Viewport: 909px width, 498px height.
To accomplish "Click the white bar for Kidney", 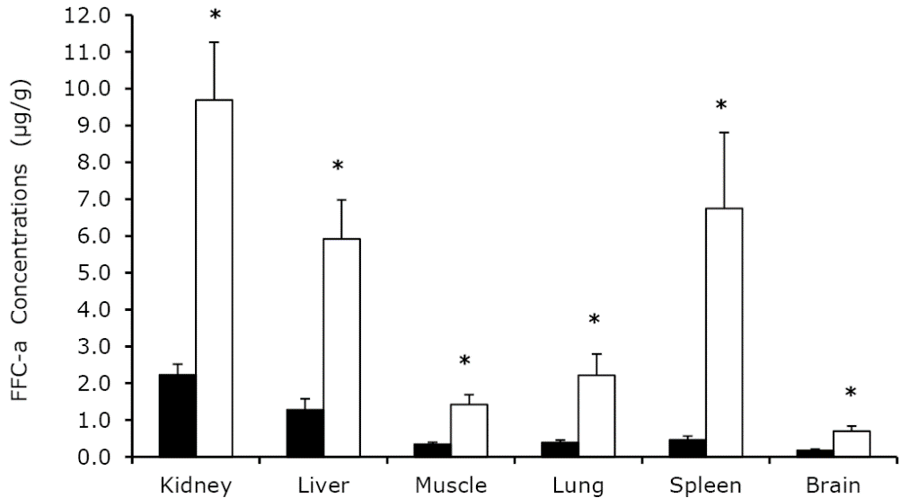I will (x=214, y=278).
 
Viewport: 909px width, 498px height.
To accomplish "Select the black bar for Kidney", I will (x=177, y=415).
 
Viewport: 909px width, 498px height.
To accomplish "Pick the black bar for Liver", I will (x=304, y=433).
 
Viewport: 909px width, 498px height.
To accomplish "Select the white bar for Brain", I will (x=852, y=443).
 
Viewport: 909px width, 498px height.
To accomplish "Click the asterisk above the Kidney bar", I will (x=215, y=17).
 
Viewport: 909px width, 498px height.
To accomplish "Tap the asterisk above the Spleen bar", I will (x=722, y=106).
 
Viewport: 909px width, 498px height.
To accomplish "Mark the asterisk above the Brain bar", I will (x=851, y=393).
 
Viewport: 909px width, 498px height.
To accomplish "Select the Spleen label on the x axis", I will (x=705, y=486).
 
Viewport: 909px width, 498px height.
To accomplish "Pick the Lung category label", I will (x=578, y=486).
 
